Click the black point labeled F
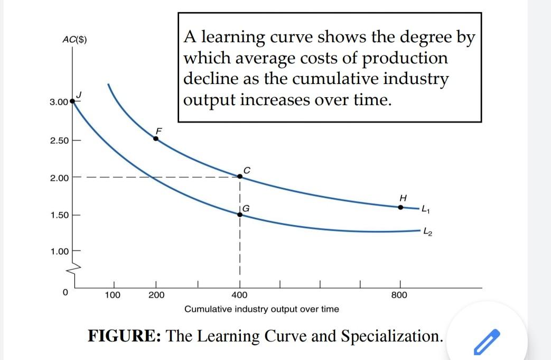156,139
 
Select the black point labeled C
239,176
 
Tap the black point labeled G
239,214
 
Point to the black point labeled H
400,207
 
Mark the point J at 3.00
72,102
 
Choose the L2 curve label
429,233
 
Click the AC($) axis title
74,40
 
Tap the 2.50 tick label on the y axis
59,141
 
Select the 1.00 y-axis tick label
59,252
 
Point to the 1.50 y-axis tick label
59,216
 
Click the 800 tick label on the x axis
399,295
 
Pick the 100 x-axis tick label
112,295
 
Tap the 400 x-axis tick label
239,295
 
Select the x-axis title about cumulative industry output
262,309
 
